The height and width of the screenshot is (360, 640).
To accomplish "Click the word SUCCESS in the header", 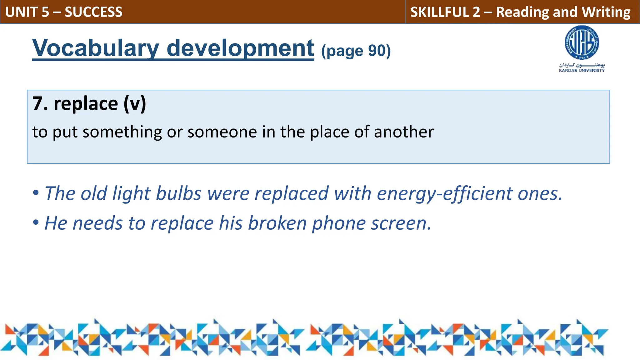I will pos(93,12).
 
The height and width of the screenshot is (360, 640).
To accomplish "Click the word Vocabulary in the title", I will pos(96,48).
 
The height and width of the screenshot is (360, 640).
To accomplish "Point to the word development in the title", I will pos(240,48).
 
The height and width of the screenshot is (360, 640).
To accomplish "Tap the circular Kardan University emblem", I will pos(582,43).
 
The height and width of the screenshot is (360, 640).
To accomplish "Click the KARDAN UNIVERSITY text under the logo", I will pos(582,71).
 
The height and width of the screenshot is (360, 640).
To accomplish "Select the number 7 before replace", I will pos(37,104).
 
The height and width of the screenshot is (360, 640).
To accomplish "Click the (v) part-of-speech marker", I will pos(135,104).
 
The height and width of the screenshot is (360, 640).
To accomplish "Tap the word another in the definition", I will pos(404,132).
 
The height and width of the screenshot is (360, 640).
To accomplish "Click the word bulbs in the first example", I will pos(178,193).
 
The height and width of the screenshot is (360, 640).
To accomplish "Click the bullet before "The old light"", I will pos(36,193).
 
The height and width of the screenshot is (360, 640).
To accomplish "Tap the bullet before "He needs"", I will pos(36,223).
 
